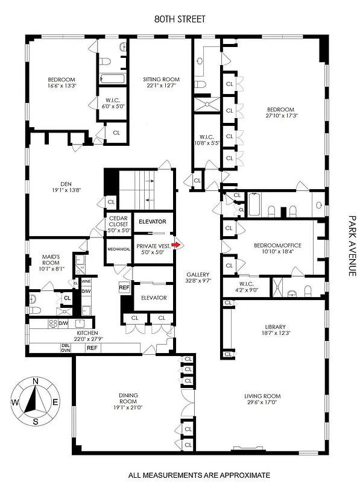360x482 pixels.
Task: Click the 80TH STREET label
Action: (180, 19)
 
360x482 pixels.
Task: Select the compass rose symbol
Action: (36, 401)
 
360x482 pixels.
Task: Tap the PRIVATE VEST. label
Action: (150, 246)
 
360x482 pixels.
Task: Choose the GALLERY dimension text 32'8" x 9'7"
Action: (198, 280)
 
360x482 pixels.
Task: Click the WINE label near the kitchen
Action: (86, 281)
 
